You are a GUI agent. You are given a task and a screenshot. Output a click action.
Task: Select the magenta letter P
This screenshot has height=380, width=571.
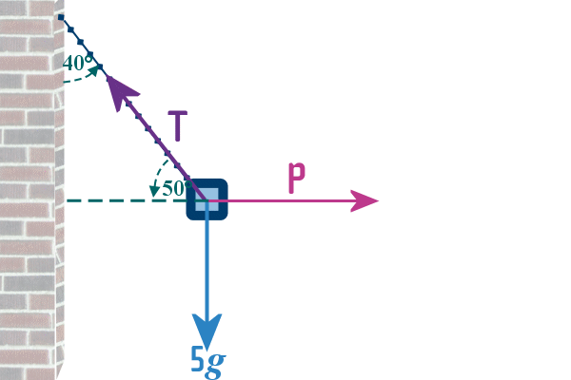296,180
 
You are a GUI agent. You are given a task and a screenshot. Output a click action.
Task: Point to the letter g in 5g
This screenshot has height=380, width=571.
216,364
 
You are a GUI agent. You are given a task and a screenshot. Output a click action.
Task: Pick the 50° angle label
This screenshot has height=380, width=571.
173,188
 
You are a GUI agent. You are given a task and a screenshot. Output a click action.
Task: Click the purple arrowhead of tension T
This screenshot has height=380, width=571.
119,91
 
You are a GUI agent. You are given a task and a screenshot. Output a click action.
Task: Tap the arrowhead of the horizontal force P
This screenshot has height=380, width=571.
365,200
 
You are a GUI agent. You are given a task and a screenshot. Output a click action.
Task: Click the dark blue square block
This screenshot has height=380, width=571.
207,200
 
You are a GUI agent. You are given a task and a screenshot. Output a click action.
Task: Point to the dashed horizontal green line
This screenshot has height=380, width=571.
124,200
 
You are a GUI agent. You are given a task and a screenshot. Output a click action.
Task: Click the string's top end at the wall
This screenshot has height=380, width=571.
60,17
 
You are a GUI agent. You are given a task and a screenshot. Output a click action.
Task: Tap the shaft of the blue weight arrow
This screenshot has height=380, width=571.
207,266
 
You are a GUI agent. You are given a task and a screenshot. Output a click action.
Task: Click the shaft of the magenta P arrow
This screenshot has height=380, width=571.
285,200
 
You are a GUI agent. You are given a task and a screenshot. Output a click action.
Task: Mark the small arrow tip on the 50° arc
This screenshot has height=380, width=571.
153,191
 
